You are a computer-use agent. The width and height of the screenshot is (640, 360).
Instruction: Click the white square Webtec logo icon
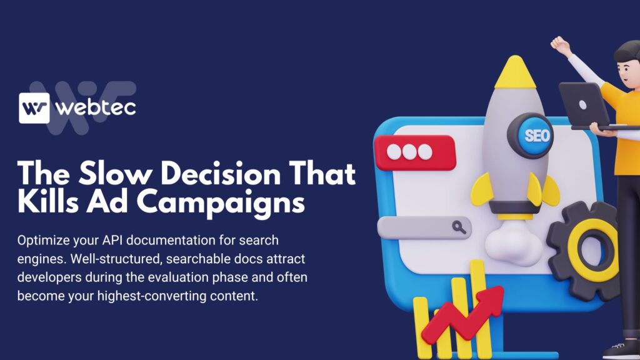[34, 107]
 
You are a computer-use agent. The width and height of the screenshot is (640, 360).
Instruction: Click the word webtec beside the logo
[96, 107]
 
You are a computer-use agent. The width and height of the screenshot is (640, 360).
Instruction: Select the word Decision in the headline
[221, 174]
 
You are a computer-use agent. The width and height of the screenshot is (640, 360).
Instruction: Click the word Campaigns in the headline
[221, 202]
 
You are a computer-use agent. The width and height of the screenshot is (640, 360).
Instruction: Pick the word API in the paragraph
[112, 240]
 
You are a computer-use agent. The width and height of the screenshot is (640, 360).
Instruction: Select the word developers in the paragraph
[49, 277]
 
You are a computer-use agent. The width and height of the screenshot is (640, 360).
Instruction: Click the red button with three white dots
[415, 152]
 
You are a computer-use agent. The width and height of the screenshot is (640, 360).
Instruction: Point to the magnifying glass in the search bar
[459, 227]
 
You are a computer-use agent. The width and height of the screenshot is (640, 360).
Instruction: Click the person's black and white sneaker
[621, 351]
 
